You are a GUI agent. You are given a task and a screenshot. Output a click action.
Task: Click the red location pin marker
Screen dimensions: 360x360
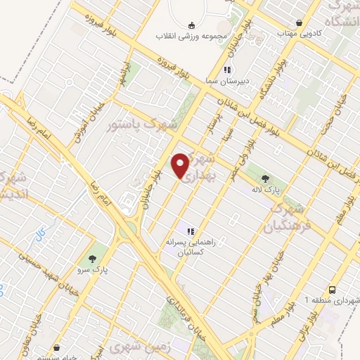point(181,165)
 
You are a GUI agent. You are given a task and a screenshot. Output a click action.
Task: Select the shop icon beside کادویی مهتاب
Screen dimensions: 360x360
point(300,22)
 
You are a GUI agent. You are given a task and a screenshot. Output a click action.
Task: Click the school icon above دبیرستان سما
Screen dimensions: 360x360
point(227,70)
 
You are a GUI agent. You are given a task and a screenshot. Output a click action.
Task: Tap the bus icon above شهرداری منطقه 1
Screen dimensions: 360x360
point(333,289)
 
